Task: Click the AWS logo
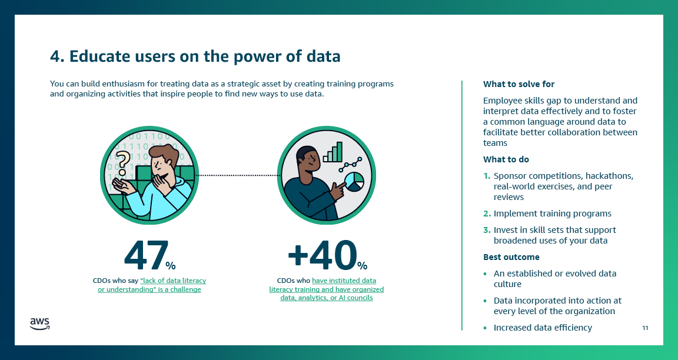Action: click(39, 324)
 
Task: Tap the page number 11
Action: click(645, 328)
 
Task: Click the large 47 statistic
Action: click(145, 255)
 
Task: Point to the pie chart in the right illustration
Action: click(354, 182)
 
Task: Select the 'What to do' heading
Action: click(506, 159)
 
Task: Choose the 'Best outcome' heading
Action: click(511, 257)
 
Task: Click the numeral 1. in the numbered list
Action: click(487, 176)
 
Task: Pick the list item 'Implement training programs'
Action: click(552, 214)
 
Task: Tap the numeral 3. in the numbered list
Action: click(487, 230)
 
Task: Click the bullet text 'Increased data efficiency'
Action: click(543, 328)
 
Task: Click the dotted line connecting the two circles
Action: click(236, 175)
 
